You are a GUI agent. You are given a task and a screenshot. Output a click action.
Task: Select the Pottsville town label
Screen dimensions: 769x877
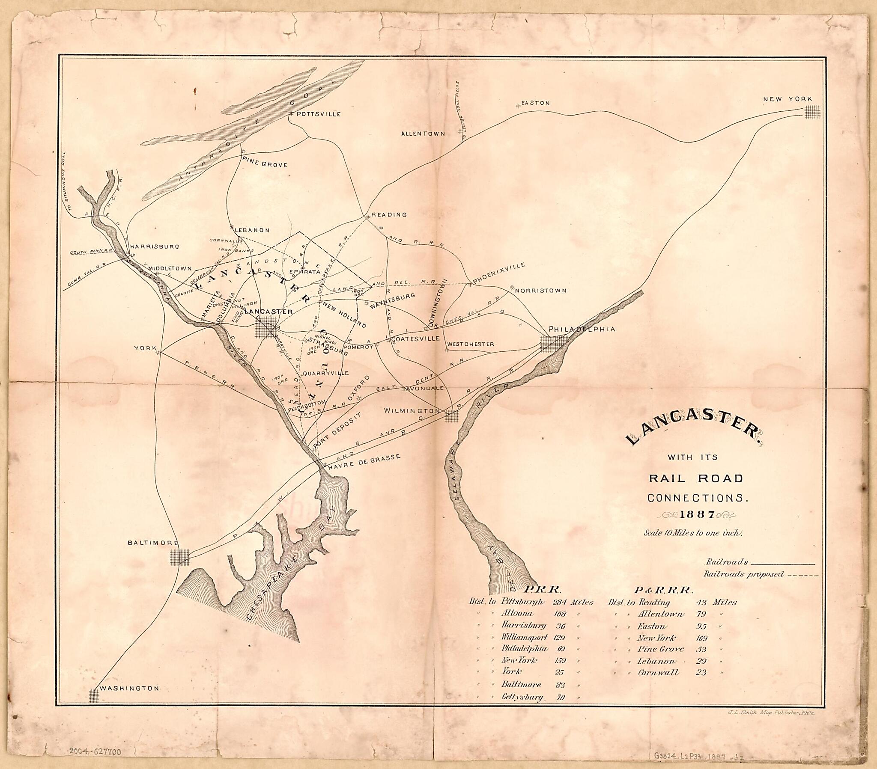point(318,114)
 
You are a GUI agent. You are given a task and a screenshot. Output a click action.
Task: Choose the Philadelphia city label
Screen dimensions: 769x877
point(582,329)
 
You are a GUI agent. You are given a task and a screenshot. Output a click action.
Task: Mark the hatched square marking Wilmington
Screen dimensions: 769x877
point(452,416)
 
